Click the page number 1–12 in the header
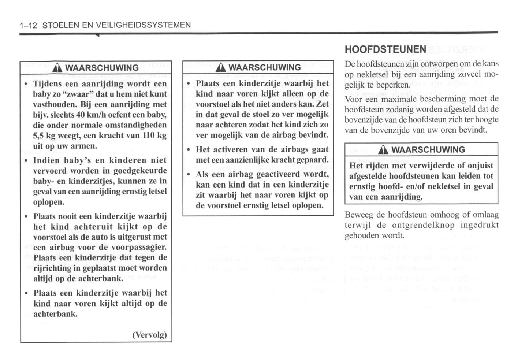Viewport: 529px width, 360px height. [x=29, y=25]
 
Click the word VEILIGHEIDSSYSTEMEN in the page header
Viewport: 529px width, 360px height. [x=143, y=25]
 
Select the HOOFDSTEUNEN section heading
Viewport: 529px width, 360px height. [x=385, y=49]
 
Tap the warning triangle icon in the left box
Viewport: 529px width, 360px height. [x=57, y=68]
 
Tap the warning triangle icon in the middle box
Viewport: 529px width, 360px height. [x=220, y=68]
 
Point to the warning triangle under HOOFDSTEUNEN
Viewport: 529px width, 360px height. [x=383, y=150]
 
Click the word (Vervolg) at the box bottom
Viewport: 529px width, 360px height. [x=149, y=335]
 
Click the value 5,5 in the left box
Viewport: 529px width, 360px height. [x=38, y=136]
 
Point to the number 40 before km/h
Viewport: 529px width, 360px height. [x=81, y=115]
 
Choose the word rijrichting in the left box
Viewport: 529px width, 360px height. [x=52, y=268]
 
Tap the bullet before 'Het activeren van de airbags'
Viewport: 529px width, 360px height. [x=188, y=150]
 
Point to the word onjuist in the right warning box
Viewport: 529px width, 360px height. [x=480, y=166]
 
